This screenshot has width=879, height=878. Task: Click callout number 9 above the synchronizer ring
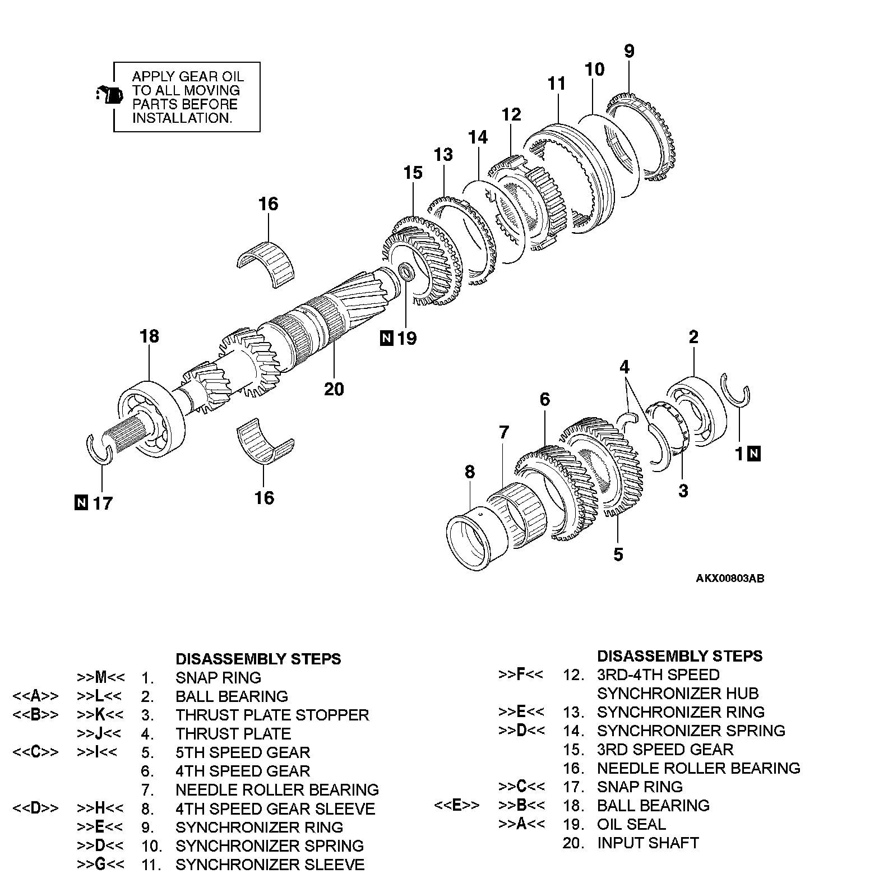(629, 51)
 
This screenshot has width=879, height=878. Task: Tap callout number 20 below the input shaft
(334, 389)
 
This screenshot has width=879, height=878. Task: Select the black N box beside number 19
(386, 339)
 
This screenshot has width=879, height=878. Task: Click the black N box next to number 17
(81, 502)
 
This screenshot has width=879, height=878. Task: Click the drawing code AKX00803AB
(730, 579)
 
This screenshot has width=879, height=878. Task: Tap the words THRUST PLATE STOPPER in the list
(272, 715)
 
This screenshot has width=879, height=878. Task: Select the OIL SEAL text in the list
(631, 824)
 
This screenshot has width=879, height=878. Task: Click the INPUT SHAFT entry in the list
(647, 843)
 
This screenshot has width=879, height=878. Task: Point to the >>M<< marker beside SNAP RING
(101, 677)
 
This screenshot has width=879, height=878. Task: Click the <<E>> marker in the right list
(457, 806)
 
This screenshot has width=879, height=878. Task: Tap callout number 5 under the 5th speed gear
(618, 554)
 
